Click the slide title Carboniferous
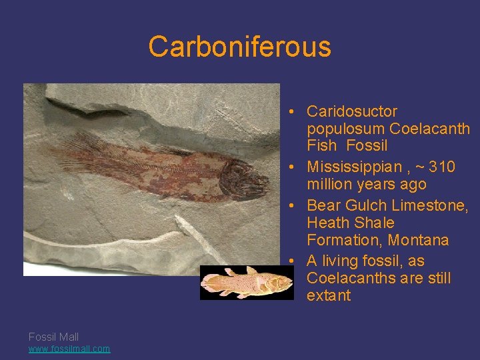(x=239, y=47)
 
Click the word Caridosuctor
(x=351, y=111)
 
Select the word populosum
(x=346, y=129)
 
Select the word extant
(x=328, y=295)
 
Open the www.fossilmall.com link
(x=69, y=349)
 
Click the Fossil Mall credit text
(x=53, y=337)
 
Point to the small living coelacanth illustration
(x=247, y=283)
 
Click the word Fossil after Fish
(x=367, y=145)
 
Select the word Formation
(x=340, y=240)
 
